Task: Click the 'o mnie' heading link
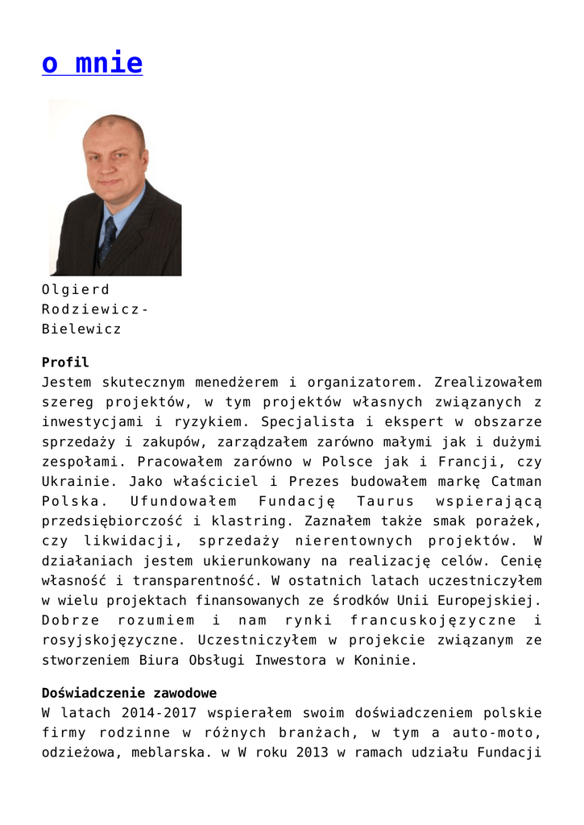click(92, 64)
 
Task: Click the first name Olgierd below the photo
click(75, 289)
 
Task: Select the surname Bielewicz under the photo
click(81, 329)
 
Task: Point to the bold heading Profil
click(65, 363)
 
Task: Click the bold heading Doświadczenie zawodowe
click(129, 693)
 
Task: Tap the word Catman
click(515, 481)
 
